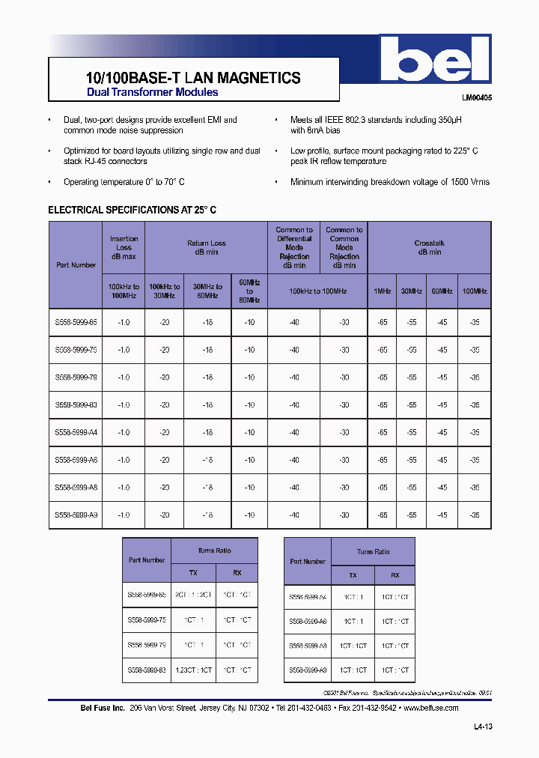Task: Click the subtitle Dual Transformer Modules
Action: point(153,92)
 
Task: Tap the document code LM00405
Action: point(476,97)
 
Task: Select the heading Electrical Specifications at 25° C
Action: point(132,210)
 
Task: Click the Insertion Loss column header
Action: point(124,248)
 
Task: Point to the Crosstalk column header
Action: point(429,248)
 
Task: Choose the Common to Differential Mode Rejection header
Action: point(294,248)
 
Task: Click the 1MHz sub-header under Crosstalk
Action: point(382,291)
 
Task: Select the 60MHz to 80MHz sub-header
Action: point(249,291)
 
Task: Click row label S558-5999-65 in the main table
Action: point(76,322)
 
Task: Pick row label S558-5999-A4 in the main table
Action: point(76,432)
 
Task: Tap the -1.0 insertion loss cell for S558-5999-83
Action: point(124,405)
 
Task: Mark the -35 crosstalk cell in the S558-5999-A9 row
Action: point(474,515)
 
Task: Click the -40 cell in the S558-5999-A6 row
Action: point(294,460)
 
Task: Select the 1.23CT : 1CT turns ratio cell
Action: point(193,670)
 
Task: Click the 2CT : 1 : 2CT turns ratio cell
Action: point(193,594)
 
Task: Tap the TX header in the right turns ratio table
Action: point(353,575)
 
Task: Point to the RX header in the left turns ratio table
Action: point(237,572)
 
